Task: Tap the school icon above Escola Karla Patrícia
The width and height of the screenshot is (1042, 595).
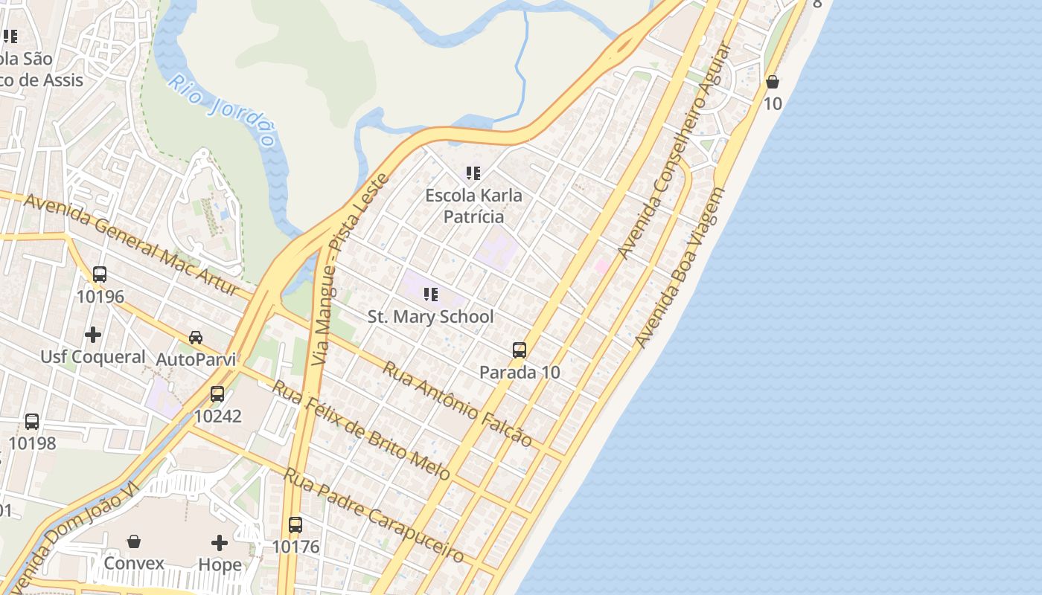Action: tap(473, 173)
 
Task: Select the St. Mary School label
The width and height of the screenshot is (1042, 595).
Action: tap(430, 316)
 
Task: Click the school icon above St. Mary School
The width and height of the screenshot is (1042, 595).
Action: tap(430, 295)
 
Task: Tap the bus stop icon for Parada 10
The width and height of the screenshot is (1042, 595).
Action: tap(520, 350)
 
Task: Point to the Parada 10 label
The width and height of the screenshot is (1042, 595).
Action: tap(520, 372)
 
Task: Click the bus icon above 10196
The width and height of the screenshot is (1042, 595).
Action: tap(100, 274)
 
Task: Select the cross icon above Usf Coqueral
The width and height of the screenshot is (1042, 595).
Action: tap(93, 335)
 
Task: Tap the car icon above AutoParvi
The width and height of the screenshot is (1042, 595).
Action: tap(196, 337)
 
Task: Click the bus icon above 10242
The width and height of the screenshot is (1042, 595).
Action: tap(217, 393)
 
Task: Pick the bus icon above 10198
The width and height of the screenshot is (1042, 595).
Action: tap(32, 421)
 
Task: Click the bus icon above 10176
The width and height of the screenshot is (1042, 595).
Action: tap(295, 524)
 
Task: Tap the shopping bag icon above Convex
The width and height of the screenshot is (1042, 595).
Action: tap(134, 541)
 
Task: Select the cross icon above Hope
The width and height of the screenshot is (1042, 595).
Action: tap(220, 542)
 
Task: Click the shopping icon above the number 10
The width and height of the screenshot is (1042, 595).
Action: tap(773, 81)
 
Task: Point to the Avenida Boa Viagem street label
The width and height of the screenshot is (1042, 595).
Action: tap(680, 268)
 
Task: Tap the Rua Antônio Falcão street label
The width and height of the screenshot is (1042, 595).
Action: tap(458, 404)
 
